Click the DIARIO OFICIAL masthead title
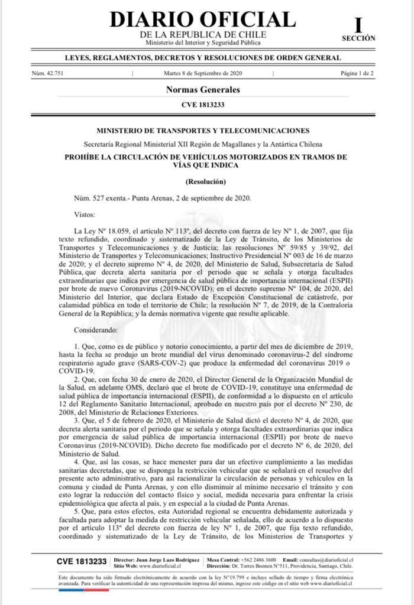tap(203, 19)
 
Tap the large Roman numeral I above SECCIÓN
tap(358, 25)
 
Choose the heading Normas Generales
tap(203, 90)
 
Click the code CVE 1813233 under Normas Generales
tap(203, 105)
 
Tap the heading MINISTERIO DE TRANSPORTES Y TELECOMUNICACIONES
tap(203, 131)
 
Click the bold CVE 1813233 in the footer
tap(82, 561)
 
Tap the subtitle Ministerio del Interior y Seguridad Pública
tap(203, 43)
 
